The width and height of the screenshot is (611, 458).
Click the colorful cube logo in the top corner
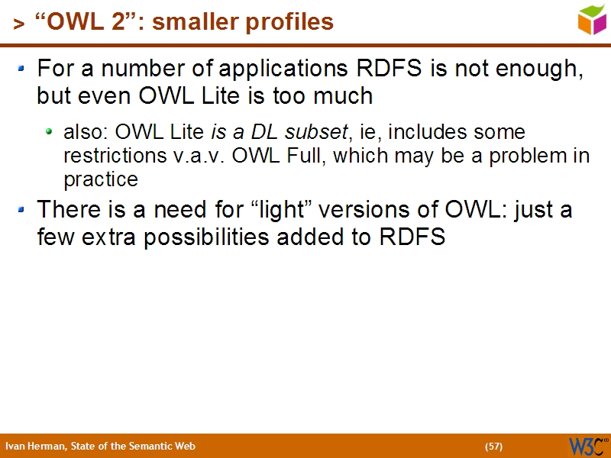(592, 18)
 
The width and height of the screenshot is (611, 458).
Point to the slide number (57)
(493, 446)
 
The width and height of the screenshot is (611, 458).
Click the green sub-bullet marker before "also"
(50, 132)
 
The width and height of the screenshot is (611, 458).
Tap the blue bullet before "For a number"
(23, 69)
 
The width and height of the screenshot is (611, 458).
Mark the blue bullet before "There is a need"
(23, 208)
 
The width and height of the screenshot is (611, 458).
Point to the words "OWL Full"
(280, 156)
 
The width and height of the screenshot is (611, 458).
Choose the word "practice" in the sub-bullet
(100, 179)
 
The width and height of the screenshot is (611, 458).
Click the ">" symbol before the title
(18, 24)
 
